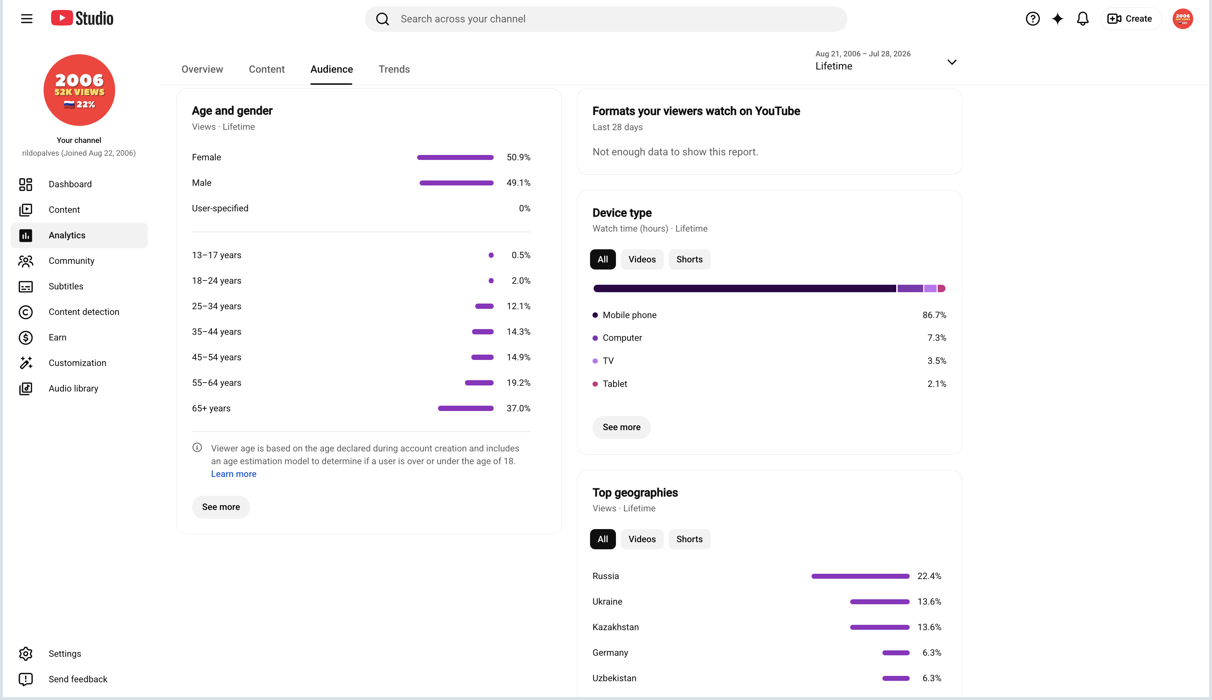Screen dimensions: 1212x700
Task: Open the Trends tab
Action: (394, 69)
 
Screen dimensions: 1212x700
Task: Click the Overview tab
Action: (202, 69)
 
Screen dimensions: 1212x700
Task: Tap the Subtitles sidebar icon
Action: (26, 287)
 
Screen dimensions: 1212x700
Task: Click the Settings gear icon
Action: (26, 653)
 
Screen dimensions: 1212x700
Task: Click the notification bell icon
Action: (1082, 19)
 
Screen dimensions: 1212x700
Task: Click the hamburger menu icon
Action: (27, 19)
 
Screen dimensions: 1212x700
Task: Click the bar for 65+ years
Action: (466, 409)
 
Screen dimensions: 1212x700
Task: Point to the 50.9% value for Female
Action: (518, 157)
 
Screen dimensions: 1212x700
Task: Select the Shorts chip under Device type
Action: (689, 260)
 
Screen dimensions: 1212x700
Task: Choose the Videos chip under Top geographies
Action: (642, 539)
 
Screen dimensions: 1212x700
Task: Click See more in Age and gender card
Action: (221, 507)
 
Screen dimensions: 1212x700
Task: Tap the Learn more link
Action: (234, 474)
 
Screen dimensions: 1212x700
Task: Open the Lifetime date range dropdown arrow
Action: (952, 62)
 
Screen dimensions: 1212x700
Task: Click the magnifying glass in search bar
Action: (382, 19)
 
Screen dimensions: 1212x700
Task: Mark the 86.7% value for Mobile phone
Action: (935, 315)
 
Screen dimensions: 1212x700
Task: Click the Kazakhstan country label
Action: (615, 627)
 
